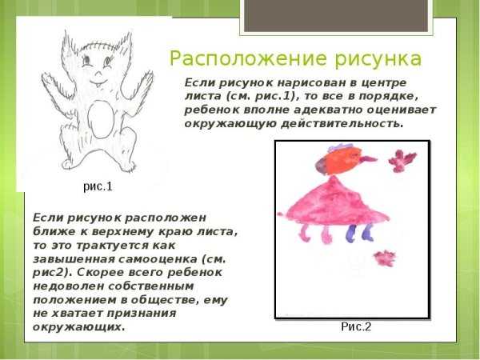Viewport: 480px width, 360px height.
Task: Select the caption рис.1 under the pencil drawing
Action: click(98, 187)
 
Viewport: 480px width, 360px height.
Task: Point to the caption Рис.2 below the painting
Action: click(356, 326)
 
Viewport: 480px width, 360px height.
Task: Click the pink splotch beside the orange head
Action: click(398, 160)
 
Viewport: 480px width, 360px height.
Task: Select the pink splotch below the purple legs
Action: click(386, 258)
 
